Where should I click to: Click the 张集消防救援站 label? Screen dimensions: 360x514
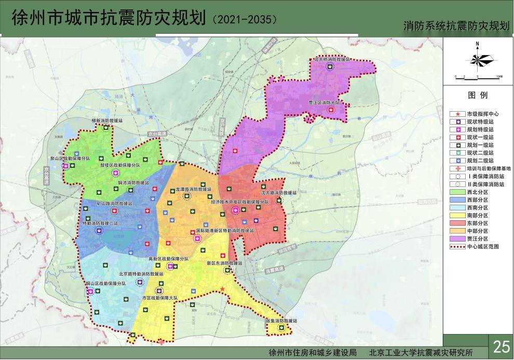pyautogui.click(x=281, y=321)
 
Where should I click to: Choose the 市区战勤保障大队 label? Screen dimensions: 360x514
pyautogui.click(x=159, y=298)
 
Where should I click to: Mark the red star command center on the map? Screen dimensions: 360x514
pyautogui.click(x=222, y=289)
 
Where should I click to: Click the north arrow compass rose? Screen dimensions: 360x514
pyautogui.click(x=477, y=59)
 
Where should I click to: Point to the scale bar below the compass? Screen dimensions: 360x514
pyautogui.click(x=477, y=76)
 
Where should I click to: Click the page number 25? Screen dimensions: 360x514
pyautogui.click(x=502, y=346)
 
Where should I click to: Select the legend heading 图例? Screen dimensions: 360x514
pyautogui.click(x=478, y=96)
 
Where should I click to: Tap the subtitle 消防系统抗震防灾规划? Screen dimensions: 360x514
pyautogui.click(x=457, y=26)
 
